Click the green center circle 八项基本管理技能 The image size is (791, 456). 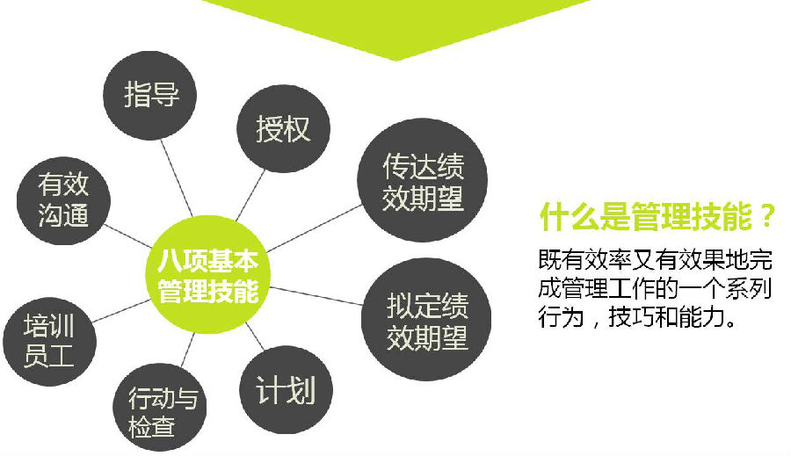point(207,275)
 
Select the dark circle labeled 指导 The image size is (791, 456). point(149,96)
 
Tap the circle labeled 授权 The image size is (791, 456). point(284,128)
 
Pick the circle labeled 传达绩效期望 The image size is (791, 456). point(422,180)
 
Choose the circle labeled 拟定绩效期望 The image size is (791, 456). point(426,319)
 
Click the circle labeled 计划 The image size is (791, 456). point(286,389)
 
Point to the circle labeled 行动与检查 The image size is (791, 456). point(160,408)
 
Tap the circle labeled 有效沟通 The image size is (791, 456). point(63,200)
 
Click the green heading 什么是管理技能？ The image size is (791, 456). point(657,217)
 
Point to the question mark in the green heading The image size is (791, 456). point(767,217)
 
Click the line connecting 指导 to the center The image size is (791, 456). point(177,178)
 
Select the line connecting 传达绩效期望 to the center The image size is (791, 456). point(314,228)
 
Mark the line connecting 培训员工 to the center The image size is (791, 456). point(121,311)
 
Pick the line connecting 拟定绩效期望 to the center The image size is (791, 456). point(316,296)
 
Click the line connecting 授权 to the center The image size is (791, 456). point(250,195)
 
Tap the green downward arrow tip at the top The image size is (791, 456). point(395,60)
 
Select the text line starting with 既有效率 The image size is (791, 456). point(656,260)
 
